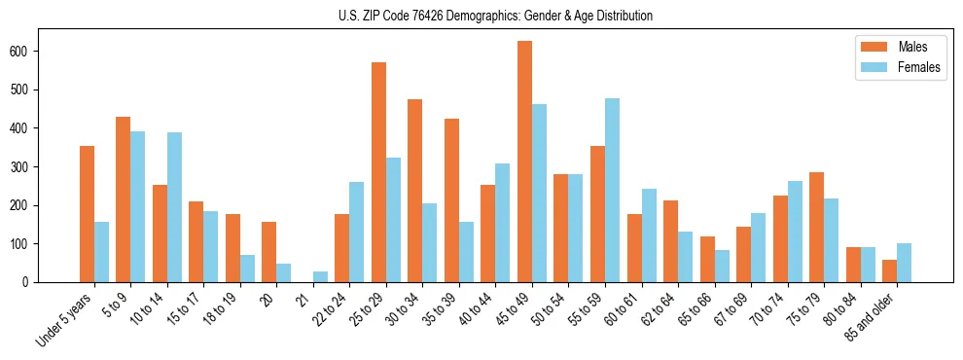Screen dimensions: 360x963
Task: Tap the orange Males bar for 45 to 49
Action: click(x=524, y=162)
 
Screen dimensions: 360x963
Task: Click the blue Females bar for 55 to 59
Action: click(x=612, y=190)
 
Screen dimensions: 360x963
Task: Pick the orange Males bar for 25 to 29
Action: click(x=378, y=172)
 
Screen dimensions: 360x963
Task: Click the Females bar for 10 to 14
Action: click(x=174, y=207)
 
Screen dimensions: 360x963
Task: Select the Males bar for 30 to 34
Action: click(x=415, y=191)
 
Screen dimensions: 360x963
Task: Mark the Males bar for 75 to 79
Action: click(x=816, y=228)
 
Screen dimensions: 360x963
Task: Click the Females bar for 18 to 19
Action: click(x=247, y=269)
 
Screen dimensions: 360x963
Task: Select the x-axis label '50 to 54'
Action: click(x=553, y=312)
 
